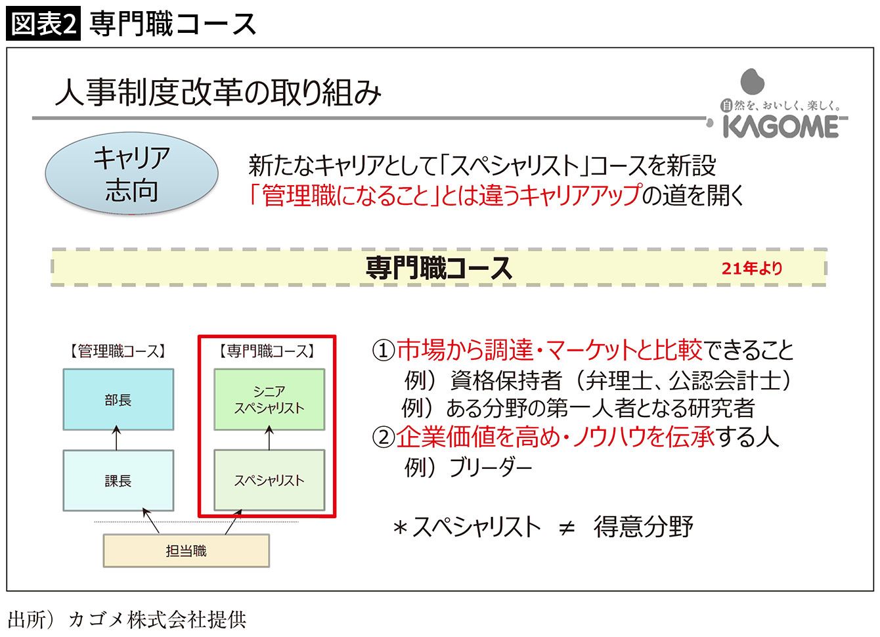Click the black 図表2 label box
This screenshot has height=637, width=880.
(x=43, y=23)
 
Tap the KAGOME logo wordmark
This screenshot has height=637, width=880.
(x=781, y=127)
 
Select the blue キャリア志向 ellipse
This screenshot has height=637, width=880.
(x=131, y=173)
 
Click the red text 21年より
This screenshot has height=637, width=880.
(x=752, y=269)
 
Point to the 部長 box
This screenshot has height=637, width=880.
(x=118, y=399)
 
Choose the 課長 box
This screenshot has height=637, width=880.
(x=118, y=480)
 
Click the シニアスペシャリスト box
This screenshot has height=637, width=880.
(x=269, y=399)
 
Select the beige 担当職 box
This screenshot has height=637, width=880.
(x=187, y=550)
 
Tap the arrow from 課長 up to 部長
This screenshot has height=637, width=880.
(x=116, y=437)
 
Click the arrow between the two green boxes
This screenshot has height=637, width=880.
(x=269, y=437)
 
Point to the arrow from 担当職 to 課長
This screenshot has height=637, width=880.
(x=151, y=521)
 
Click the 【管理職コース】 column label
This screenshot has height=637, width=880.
(x=118, y=351)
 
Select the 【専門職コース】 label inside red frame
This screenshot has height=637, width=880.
(x=267, y=351)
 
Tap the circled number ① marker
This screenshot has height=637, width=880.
(x=383, y=351)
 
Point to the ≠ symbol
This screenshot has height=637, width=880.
(x=567, y=528)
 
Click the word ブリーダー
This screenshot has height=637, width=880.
(x=491, y=467)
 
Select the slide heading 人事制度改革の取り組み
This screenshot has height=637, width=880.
(x=218, y=93)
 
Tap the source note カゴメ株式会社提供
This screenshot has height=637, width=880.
(x=157, y=620)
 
